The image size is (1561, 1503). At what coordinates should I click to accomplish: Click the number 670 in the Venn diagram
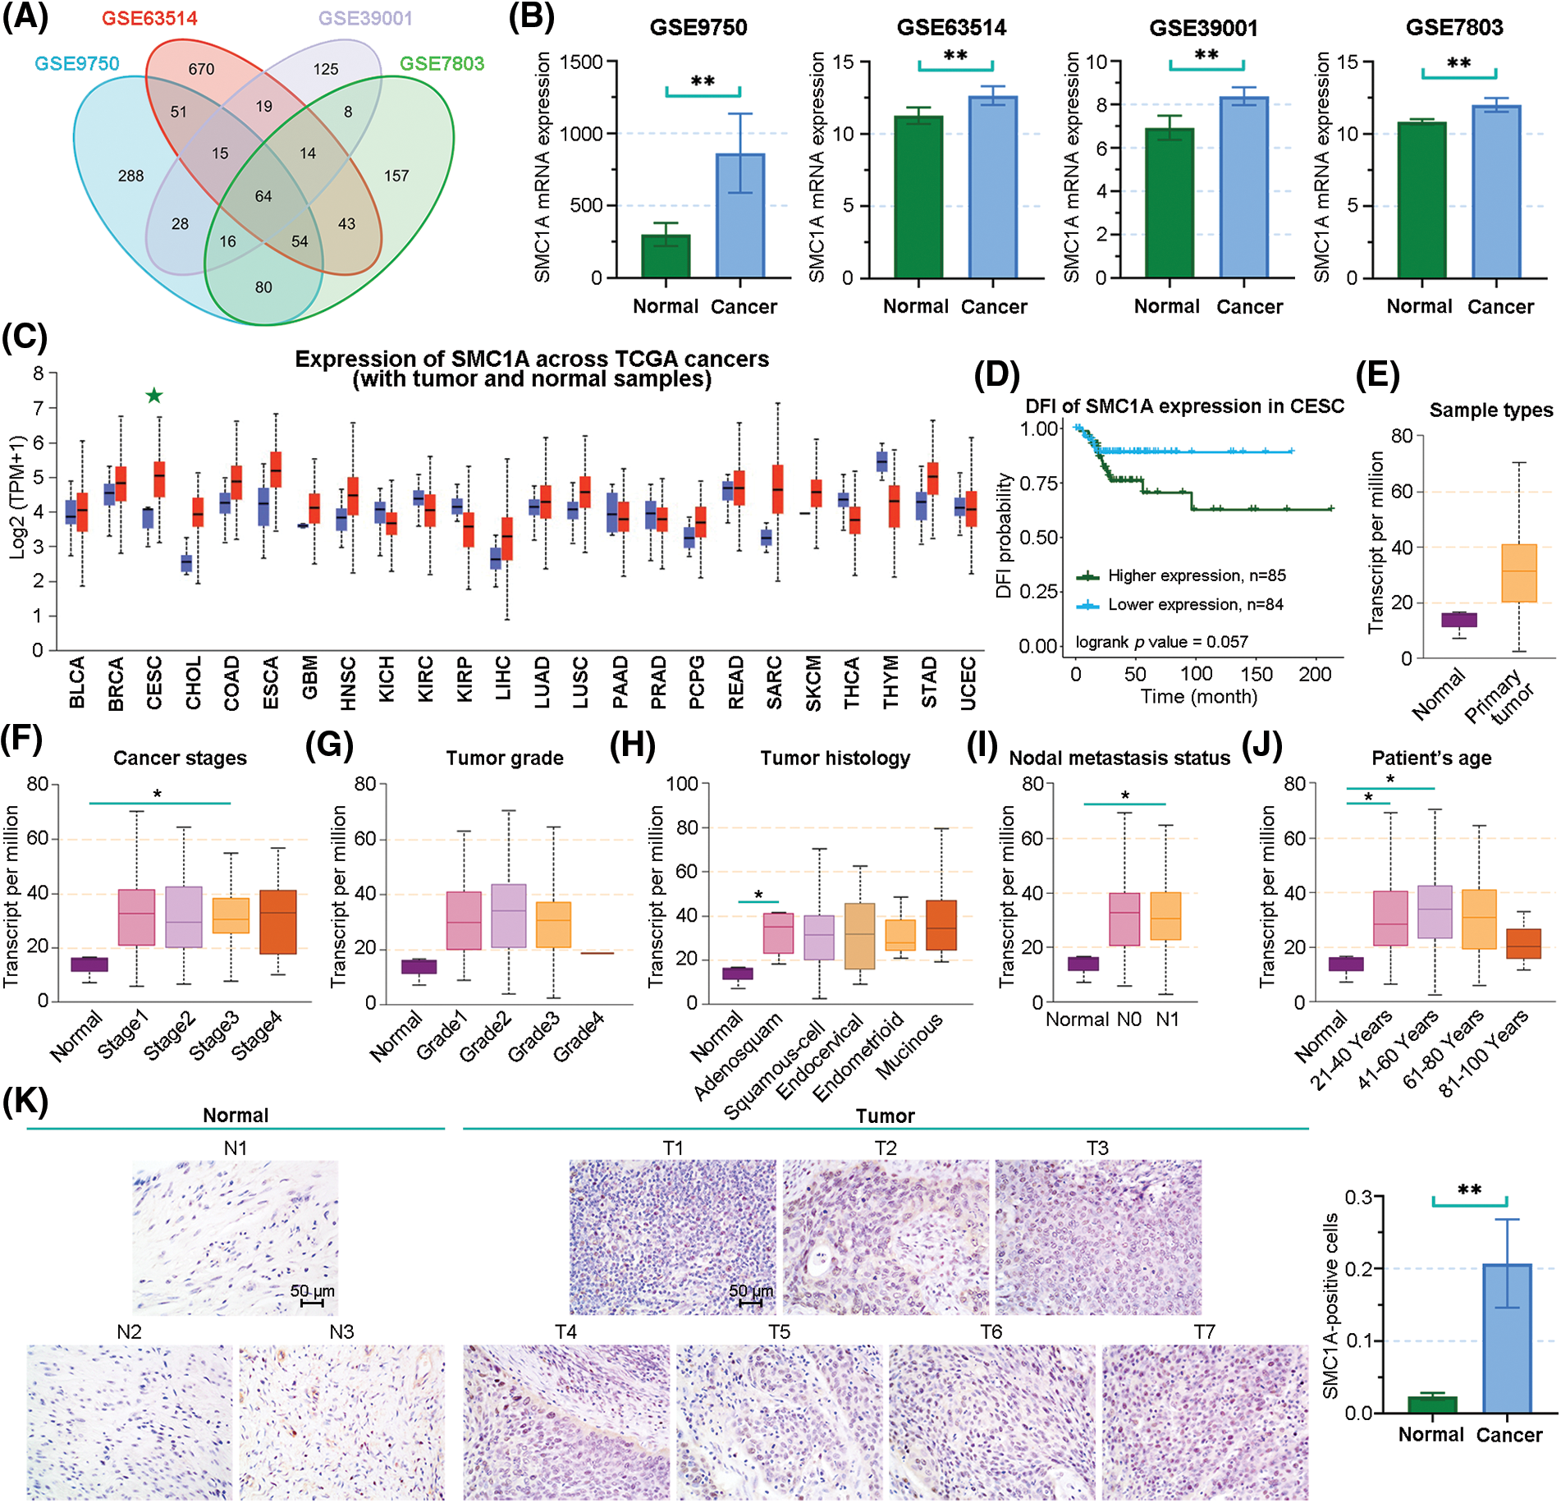201,70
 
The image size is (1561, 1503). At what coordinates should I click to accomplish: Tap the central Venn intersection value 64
263,196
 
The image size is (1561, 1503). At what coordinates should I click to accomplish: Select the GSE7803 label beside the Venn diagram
442,64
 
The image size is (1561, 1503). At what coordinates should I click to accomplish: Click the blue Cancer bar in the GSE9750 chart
739,216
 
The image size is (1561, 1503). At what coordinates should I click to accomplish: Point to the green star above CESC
154,396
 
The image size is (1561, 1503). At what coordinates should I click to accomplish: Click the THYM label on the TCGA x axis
890,682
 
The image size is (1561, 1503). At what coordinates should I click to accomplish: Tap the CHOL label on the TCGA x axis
194,682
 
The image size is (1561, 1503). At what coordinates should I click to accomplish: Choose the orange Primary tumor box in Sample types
1518,573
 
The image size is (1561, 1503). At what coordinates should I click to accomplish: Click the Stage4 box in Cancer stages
277,921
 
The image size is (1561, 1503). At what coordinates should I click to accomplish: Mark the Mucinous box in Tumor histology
941,925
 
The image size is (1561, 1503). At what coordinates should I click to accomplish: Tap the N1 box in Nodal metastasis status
1165,915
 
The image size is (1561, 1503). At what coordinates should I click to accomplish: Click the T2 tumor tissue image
886,1237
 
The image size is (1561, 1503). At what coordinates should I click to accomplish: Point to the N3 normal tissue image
341,1422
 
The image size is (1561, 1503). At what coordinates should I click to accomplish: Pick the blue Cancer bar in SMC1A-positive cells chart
1507,1338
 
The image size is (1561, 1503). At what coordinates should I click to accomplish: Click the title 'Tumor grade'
505,758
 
